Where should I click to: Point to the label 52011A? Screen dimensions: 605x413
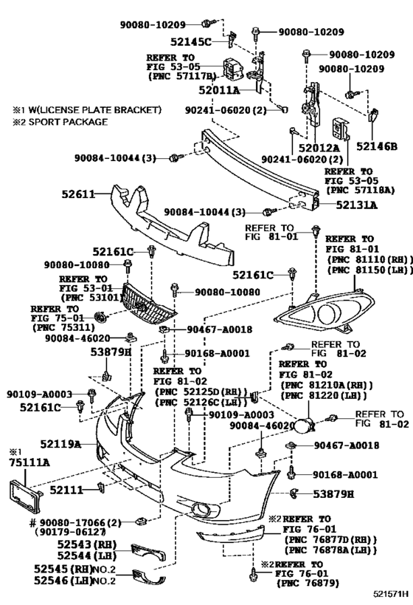219,90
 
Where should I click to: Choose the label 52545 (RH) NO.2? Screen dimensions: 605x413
85,570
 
